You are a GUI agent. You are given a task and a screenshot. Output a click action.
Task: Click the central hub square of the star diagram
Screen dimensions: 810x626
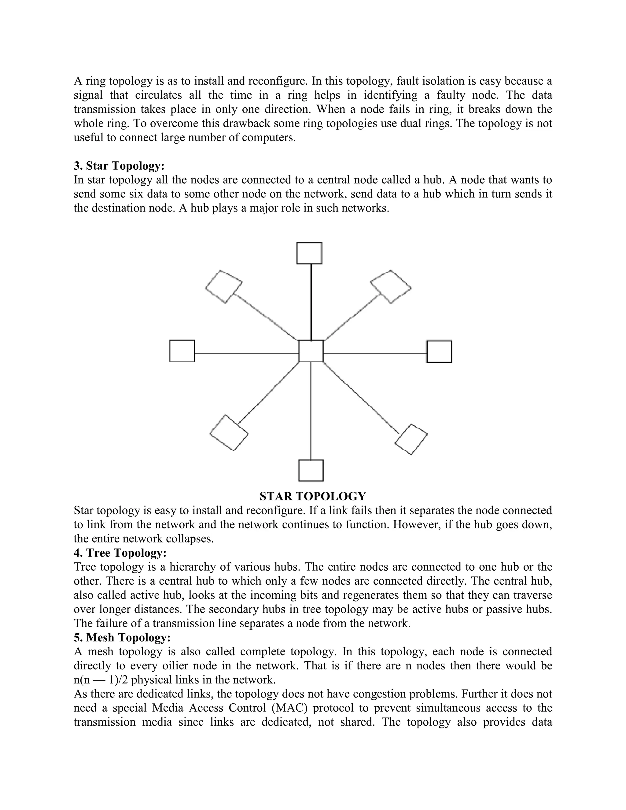[311, 351]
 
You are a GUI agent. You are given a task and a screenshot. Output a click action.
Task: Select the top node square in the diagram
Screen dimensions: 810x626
[309, 253]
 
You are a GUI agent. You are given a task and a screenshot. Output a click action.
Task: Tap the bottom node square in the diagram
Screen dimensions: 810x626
[311, 470]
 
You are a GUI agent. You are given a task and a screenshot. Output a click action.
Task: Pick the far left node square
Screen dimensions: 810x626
[182, 351]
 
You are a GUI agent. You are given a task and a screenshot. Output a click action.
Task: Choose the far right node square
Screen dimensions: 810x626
[439, 351]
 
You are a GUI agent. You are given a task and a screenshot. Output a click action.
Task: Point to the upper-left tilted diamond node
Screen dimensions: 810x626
[224, 287]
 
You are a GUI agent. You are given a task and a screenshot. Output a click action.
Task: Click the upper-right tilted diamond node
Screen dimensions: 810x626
[391, 287]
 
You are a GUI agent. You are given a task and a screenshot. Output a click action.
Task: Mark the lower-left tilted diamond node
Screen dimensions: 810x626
[229, 433]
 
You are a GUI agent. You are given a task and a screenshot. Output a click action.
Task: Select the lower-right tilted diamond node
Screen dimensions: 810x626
[411, 440]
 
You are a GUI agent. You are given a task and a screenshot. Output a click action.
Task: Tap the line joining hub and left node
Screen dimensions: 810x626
[246, 353]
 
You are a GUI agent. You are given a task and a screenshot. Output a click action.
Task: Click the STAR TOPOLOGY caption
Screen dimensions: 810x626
[313, 496]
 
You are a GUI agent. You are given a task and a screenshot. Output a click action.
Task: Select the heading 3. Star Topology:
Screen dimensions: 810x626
[119, 166]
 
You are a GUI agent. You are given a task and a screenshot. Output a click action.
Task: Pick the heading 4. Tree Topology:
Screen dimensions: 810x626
[120, 553]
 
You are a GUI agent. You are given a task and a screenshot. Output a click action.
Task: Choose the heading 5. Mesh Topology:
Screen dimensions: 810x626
[122, 638]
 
